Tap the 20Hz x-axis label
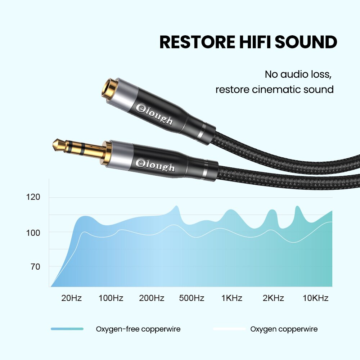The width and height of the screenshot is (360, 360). point(71,298)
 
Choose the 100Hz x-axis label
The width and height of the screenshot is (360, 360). point(111,298)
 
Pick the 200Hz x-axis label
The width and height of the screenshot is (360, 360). point(152,298)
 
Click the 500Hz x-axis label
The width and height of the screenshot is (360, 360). point(192,298)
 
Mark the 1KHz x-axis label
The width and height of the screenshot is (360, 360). point(232,298)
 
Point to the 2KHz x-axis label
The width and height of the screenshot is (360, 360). point(273,298)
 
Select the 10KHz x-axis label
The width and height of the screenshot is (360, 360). point(315,298)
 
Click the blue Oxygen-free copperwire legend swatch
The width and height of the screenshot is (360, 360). point(67,329)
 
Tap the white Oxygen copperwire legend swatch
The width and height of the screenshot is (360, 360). point(229,329)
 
